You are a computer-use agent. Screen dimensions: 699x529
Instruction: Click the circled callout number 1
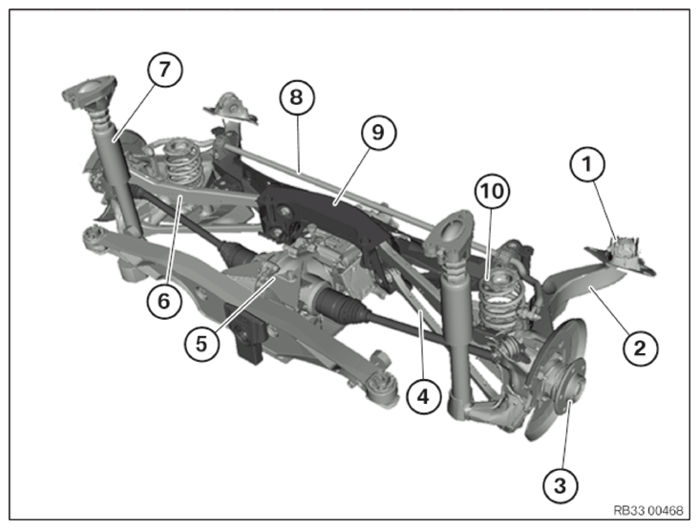click(587, 164)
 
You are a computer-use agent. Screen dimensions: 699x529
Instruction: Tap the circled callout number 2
click(640, 349)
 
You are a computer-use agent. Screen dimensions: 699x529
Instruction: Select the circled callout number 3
click(561, 485)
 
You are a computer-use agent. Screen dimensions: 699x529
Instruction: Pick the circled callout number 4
click(424, 396)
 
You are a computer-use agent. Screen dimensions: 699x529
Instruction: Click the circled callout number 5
click(201, 344)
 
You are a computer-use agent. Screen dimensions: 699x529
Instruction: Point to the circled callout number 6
click(164, 302)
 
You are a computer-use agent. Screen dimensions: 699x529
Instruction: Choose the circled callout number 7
click(164, 70)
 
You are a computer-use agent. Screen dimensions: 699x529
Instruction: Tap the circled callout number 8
click(297, 97)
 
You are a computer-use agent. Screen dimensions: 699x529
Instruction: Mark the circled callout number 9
click(378, 133)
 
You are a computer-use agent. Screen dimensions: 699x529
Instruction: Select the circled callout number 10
click(492, 191)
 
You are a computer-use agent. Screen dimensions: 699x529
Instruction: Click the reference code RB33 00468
click(648, 510)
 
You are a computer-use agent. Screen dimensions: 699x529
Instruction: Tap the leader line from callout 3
click(566, 434)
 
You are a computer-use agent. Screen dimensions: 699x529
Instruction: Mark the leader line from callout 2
click(609, 310)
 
